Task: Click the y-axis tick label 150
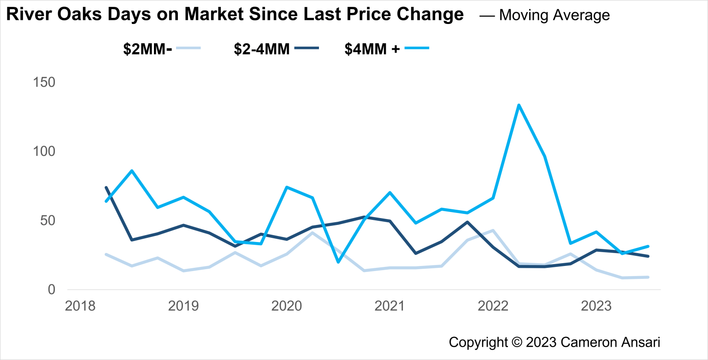click(44, 83)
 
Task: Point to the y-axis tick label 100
click(44, 152)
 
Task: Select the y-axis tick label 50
click(48, 221)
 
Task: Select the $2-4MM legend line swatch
click(306, 47)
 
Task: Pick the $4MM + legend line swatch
click(417, 47)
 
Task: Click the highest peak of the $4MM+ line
click(519, 105)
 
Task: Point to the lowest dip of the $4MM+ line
click(338, 262)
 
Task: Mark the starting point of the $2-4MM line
click(106, 188)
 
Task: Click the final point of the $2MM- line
click(648, 277)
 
